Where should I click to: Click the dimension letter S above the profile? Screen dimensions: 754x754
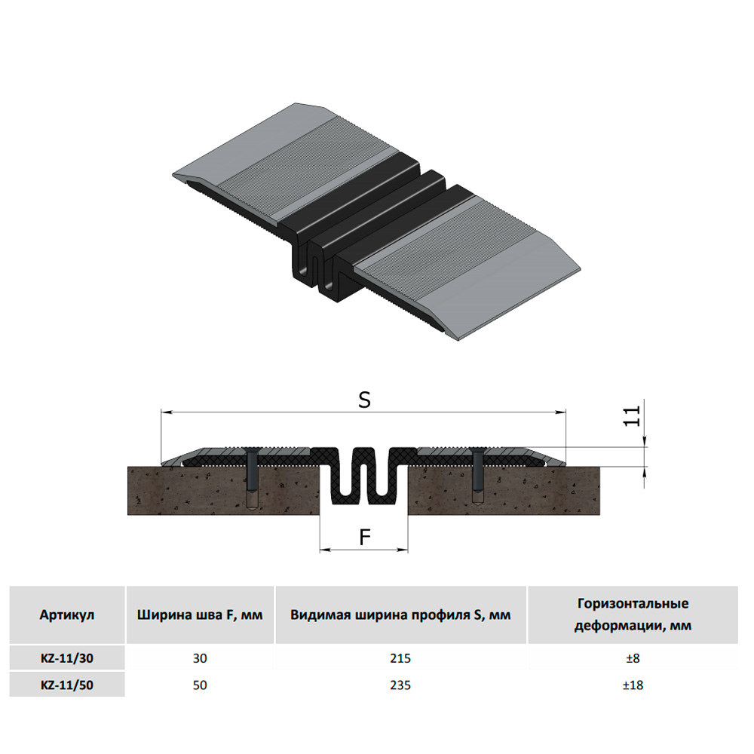click(364, 400)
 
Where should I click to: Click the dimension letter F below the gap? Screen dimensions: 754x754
click(365, 537)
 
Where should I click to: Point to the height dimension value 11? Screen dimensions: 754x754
click(632, 416)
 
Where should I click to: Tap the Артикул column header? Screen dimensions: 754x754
click(67, 615)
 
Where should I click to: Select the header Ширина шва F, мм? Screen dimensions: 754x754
click(200, 615)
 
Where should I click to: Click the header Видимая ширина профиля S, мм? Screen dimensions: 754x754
click(400, 615)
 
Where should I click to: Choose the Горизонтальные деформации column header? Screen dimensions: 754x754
click(633, 615)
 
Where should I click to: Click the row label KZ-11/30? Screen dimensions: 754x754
click(67, 657)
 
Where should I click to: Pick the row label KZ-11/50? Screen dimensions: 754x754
click(67, 685)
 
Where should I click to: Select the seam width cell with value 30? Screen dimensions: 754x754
click(200, 657)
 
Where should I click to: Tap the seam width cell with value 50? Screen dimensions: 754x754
click(200, 685)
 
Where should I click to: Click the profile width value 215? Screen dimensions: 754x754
click(400, 657)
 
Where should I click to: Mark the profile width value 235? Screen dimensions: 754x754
click(400, 685)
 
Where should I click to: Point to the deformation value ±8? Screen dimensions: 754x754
click(633, 657)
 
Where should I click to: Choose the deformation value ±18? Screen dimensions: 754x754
click(633, 685)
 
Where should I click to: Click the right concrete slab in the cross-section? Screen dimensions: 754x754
click(504, 491)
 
